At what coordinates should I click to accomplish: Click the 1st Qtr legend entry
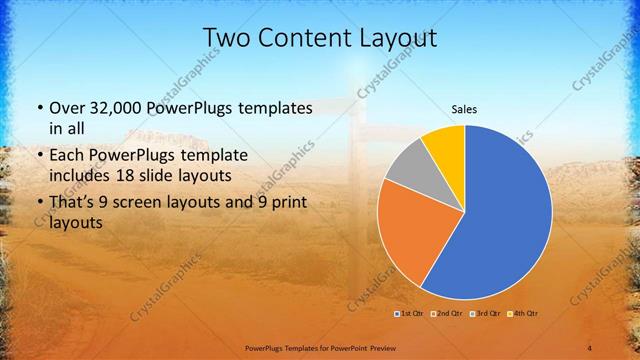(x=410, y=314)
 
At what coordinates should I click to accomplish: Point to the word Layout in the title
(x=400, y=37)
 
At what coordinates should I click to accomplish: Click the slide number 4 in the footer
(x=590, y=347)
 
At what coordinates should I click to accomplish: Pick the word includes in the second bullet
(x=81, y=176)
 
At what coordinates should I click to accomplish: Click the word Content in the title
(x=307, y=37)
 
